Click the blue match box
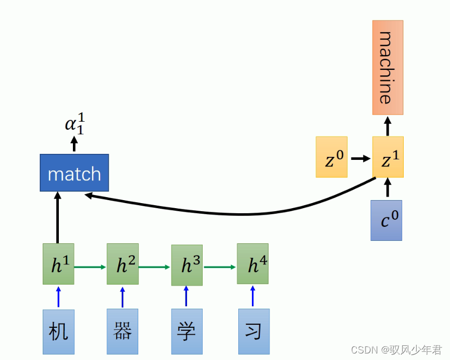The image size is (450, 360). pyautogui.click(x=74, y=173)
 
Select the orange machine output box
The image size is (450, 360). pyautogui.click(x=388, y=67)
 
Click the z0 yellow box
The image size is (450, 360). pyautogui.click(x=331, y=157)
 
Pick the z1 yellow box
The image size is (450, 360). pyautogui.click(x=388, y=157)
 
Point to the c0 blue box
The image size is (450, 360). pyautogui.click(x=386, y=220)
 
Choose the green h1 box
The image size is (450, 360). pyautogui.click(x=58, y=264)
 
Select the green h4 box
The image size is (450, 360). pyautogui.click(x=252, y=264)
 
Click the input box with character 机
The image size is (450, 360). pyautogui.click(x=58, y=332)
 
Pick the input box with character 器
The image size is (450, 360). pyautogui.click(x=122, y=332)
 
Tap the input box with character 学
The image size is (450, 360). pyautogui.click(x=187, y=332)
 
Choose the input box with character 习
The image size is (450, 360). pyautogui.click(x=253, y=332)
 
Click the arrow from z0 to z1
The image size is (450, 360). pyautogui.click(x=360, y=158)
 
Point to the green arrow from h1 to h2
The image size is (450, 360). pyautogui.click(x=91, y=267)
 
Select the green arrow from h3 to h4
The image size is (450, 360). pyautogui.click(x=220, y=267)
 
